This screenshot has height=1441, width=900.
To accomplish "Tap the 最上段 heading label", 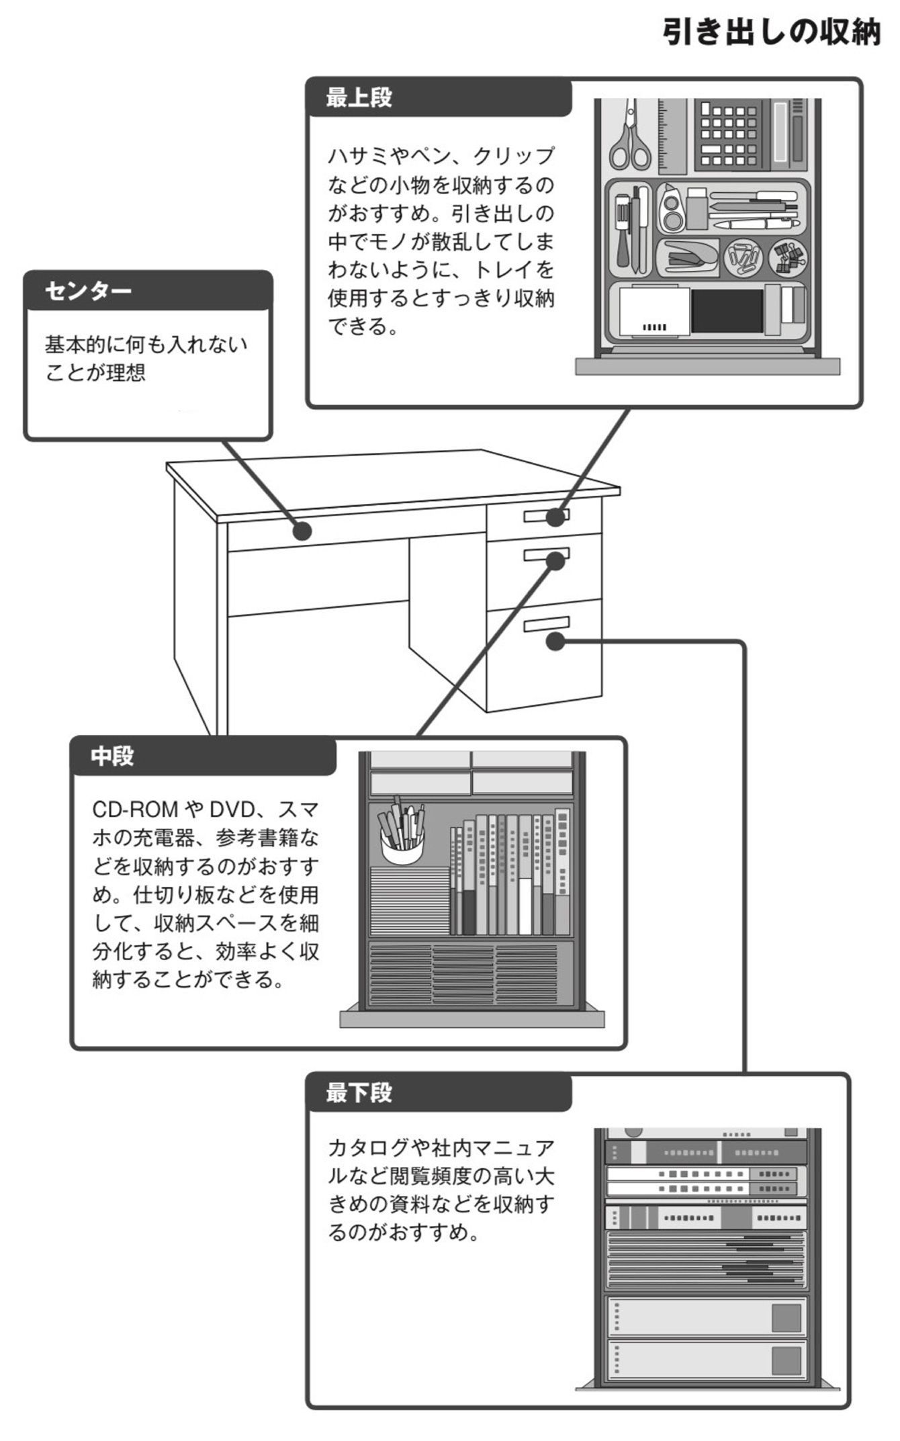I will [x=359, y=98].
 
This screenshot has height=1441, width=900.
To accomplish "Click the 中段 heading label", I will [x=112, y=756].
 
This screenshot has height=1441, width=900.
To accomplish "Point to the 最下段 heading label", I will [x=359, y=1093].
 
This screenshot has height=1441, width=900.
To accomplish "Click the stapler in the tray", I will [x=687, y=258].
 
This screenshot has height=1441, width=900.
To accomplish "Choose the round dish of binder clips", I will [x=788, y=257].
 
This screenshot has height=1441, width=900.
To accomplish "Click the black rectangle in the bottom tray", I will [x=727, y=310].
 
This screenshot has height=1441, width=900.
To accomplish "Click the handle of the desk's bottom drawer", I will [x=547, y=624].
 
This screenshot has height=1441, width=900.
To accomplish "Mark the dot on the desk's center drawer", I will [x=303, y=531].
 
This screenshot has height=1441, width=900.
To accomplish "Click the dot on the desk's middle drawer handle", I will [x=555, y=560].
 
